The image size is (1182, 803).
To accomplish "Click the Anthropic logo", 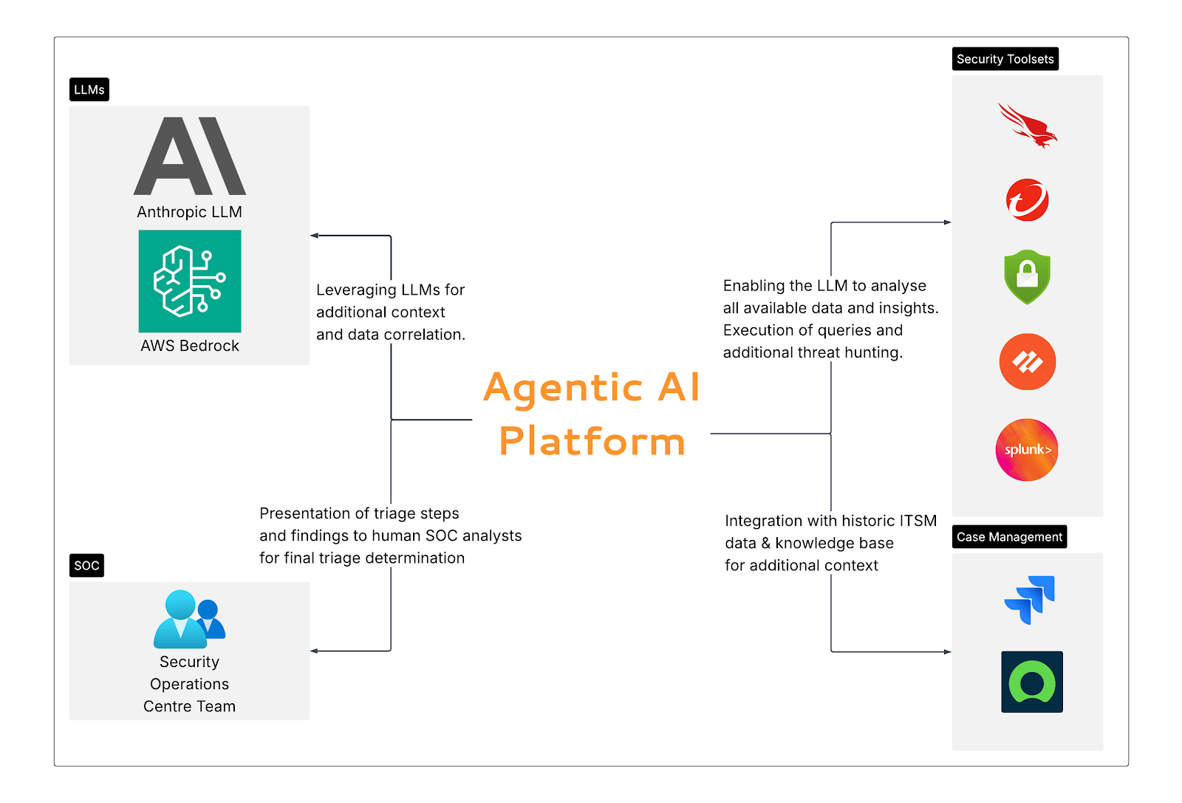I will pyautogui.click(x=190, y=156).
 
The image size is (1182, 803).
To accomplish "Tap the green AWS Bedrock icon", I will pyautogui.click(x=190, y=281).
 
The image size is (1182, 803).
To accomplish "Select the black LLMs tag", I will pyautogui.click(x=89, y=89).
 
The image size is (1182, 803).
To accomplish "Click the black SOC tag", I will pyautogui.click(x=86, y=566).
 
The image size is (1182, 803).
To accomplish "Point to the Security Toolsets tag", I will pyautogui.click(x=1005, y=59).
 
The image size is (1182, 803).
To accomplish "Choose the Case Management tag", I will pyautogui.click(x=1009, y=537).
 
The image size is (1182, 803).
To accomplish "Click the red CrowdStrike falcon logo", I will pyautogui.click(x=1028, y=126).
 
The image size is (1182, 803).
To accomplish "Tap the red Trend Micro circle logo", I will pyautogui.click(x=1028, y=200).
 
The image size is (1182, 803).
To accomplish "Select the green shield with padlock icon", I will pyautogui.click(x=1028, y=277).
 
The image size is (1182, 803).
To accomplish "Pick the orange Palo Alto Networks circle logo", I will pyautogui.click(x=1028, y=362).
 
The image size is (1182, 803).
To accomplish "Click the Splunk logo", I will pyautogui.click(x=1028, y=450).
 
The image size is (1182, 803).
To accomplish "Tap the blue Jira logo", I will pyautogui.click(x=1030, y=600).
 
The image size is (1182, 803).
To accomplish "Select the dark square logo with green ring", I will pyautogui.click(x=1032, y=682).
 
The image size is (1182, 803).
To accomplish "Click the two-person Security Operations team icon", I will pyautogui.click(x=189, y=619).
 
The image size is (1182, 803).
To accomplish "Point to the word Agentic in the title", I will pyautogui.click(x=563, y=388).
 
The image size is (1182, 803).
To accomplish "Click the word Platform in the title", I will pyautogui.click(x=592, y=441).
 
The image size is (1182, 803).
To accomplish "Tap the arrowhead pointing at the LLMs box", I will pyautogui.click(x=314, y=236).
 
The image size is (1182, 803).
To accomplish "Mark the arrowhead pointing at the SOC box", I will pyautogui.click(x=314, y=651).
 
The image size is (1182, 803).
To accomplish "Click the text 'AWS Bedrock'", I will pyautogui.click(x=190, y=346).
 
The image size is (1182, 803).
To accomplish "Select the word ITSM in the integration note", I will pyautogui.click(x=918, y=521).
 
